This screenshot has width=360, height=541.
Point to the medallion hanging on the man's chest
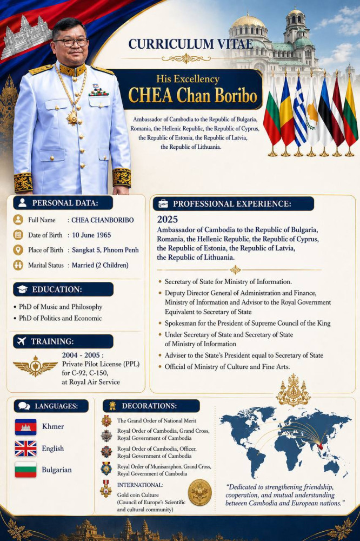[72, 116]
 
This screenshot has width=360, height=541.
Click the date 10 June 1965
[94, 235]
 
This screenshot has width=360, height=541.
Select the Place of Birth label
[45, 250]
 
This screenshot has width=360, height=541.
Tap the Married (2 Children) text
[100, 265]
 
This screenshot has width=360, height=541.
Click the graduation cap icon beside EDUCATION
[22, 289]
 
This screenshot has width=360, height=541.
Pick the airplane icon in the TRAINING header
[22, 341]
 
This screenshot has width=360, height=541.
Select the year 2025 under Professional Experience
[168, 220]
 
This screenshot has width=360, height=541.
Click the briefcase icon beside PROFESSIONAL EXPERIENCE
[163, 204]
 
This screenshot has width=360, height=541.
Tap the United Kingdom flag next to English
[25, 448]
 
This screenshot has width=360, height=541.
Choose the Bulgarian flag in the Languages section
[25, 470]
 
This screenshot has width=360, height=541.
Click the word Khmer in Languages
[53, 426]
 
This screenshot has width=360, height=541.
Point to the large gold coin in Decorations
[199, 492]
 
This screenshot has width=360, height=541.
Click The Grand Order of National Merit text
[157, 420]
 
